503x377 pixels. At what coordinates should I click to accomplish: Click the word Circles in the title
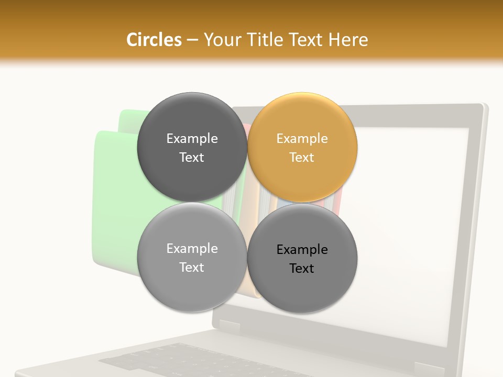pyautogui.click(x=154, y=40)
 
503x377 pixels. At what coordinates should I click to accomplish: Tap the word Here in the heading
pyautogui.click(x=348, y=40)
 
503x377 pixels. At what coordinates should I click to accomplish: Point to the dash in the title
pyautogui.click(x=192, y=40)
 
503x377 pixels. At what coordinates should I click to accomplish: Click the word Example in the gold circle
pyautogui.click(x=302, y=139)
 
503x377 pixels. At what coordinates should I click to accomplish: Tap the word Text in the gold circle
pyautogui.click(x=302, y=157)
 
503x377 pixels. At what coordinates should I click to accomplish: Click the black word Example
pyautogui.click(x=302, y=250)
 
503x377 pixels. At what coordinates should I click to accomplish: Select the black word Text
pyautogui.click(x=302, y=268)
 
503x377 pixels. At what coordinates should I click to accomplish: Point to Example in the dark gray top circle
pyautogui.click(x=192, y=139)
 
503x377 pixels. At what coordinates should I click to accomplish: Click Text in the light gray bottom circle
pyautogui.click(x=192, y=267)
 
